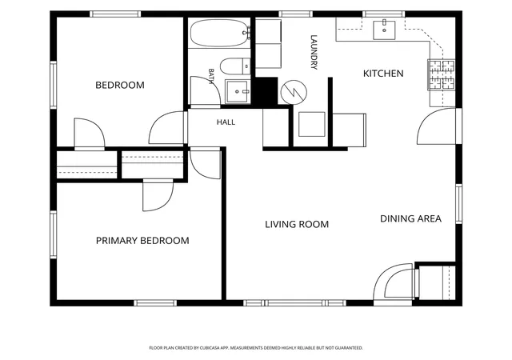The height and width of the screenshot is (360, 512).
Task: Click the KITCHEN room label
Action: point(383,73)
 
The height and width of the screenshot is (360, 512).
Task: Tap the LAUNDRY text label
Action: point(314,52)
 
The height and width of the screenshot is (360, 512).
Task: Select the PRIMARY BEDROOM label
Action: point(142,241)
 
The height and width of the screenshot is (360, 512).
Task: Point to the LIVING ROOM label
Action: point(297,225)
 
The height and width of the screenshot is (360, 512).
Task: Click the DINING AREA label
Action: point(410,218)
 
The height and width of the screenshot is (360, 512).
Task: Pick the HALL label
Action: point(226,122)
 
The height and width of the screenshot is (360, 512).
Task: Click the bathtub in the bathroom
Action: point(219,33)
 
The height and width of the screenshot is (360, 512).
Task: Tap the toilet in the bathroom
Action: point(235,66)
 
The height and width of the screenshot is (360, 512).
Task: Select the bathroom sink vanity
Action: point(238,92)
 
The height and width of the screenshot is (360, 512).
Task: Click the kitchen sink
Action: point(384,30)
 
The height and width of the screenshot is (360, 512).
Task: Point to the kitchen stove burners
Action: point(442,75)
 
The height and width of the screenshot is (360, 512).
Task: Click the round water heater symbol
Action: point(294,92)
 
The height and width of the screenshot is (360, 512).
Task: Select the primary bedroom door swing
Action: point(158,195)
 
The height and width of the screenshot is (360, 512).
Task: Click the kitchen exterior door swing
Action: point(436,126)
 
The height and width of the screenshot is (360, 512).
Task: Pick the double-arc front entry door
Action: point(394,282)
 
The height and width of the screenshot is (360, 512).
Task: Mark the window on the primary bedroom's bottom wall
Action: point(155,303)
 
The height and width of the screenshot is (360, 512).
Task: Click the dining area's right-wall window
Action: point(458,204)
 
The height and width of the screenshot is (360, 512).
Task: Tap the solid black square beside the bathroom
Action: point(266,91)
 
